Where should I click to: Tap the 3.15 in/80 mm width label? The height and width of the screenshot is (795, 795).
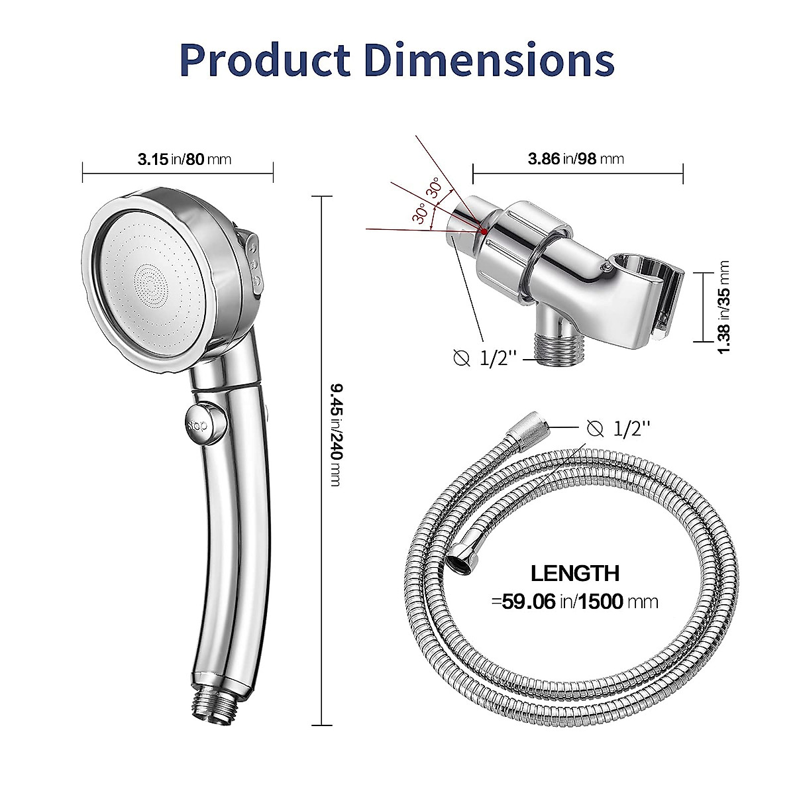coord(184,159)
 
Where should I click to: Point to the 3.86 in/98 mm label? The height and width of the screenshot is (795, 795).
coord(576,159)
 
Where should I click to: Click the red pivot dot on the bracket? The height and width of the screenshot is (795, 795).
coord(486,231)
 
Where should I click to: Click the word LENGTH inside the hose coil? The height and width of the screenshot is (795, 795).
coord(575,573)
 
